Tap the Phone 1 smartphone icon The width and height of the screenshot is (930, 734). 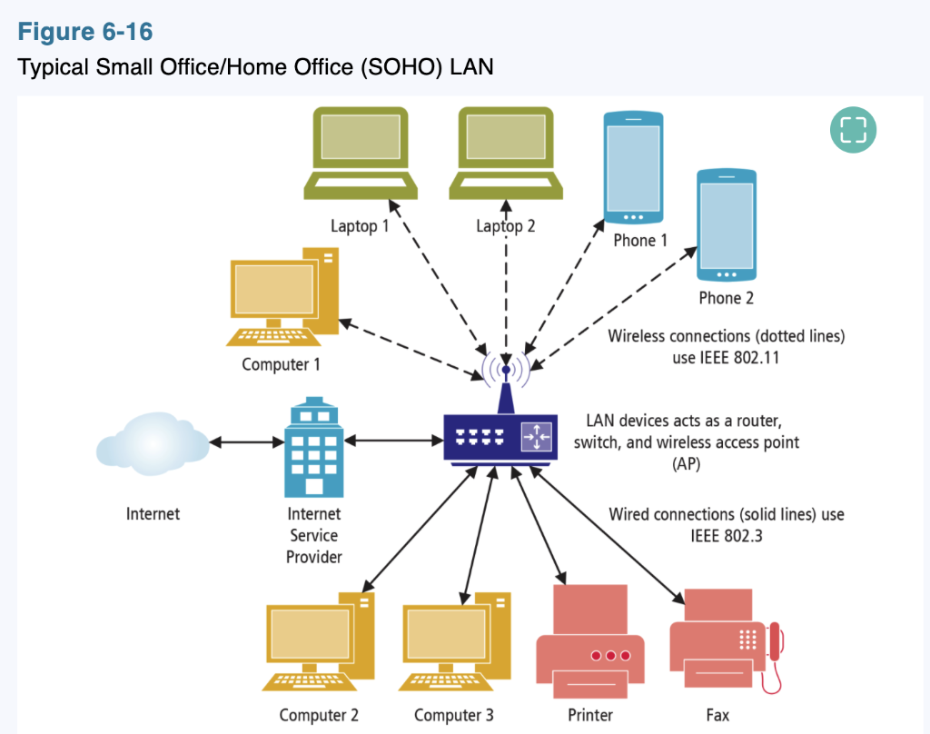(634, 168)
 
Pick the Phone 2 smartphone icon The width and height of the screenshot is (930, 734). (726, 225)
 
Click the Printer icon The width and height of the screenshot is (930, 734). (590, 641)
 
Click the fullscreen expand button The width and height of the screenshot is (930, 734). (853, 130)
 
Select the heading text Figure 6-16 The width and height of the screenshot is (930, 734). (85, 33)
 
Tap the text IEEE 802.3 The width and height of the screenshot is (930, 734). (726, 536)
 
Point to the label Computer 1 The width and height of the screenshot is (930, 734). (282, 365)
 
